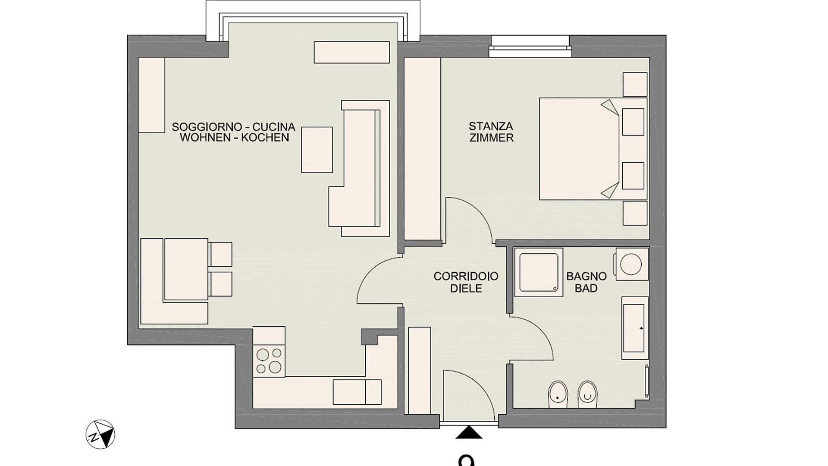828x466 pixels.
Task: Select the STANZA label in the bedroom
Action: coord(491,126)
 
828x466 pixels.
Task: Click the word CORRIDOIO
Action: coord(466,276)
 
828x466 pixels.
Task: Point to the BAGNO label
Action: coord(586,276)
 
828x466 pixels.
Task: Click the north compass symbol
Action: coord(100,434)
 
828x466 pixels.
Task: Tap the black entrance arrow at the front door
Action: coord(469,433)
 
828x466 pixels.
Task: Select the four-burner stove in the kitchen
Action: coord(269,361)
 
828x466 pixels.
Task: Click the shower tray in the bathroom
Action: coord(539,272)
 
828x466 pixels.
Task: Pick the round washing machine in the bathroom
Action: coord(632,264)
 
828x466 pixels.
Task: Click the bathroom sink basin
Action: coord(635,328)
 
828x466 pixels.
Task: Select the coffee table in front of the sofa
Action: coord(317,150)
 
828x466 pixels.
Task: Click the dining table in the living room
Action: coord(186,269)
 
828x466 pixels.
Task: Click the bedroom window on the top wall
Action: coord(530,47)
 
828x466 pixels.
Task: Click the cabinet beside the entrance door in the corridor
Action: coord(419,371)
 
